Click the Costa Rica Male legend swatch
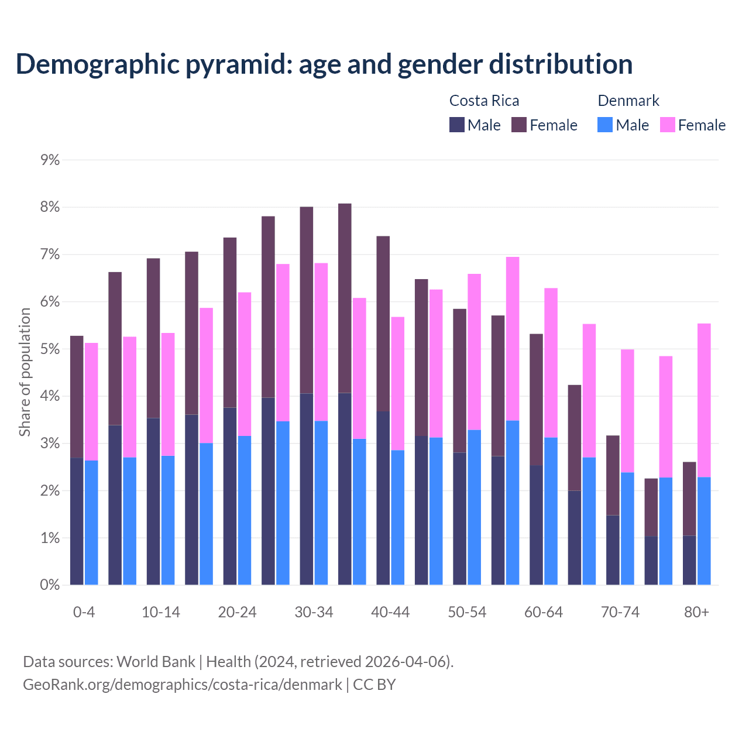click(457, 125)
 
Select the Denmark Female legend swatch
click(668, 125)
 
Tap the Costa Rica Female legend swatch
click(519, 125)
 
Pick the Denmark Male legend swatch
click(605, 125)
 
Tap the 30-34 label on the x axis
click(314, 613)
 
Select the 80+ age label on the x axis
click(696, 613)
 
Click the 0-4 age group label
click(84, 613)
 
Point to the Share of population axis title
click(25, 372)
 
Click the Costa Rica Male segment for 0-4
click(77, 521)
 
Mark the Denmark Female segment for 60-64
click(551, 363)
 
